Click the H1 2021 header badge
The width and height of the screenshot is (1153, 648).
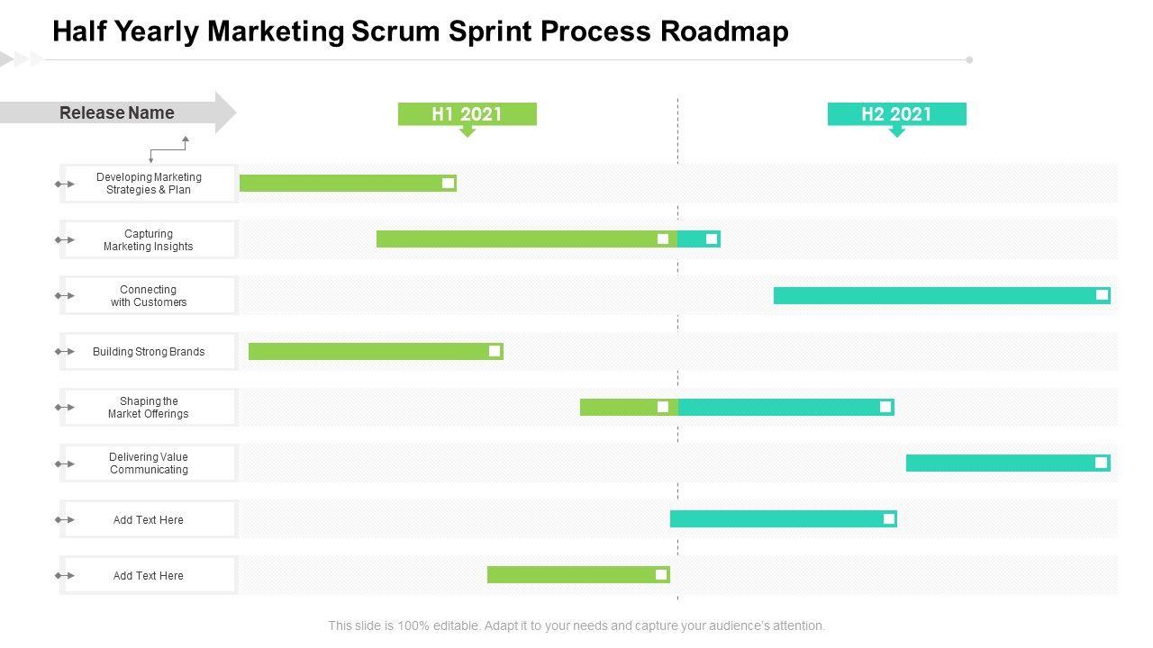(467, 114)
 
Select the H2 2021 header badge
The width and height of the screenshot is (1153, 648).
(896, 114)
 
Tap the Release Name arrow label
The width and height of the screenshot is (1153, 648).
(117, 112)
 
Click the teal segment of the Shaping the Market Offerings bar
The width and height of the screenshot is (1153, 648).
(775, 407)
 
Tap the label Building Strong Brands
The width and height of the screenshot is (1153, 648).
(149, 352)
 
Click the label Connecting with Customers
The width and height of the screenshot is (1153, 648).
(149, 296)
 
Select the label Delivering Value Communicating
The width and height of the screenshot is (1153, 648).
(149, 463)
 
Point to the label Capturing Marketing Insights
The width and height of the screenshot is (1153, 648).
(149, 240)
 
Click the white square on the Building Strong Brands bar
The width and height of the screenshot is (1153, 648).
(495, 351)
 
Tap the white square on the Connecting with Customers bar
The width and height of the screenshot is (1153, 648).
(1102, 295)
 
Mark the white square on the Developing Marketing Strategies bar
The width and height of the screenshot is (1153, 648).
(448, 184)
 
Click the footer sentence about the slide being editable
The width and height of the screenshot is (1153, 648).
(576, 625)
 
